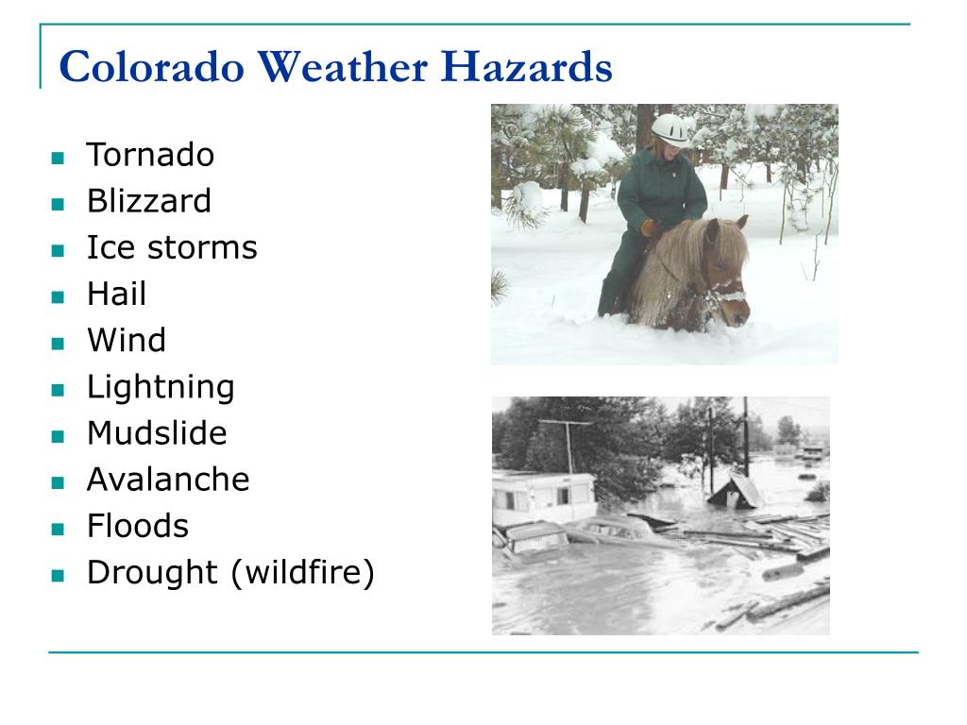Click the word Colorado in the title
(152, 67)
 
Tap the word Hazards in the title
(526, 67)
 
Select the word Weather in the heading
(342, 67)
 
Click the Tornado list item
(150, 154)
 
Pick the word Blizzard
(148, 200)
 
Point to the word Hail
(116, 294)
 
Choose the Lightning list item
(161, 388)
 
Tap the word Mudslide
(157, 432)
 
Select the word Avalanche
(168, 479)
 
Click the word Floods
(138, 526)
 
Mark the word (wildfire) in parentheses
(303, 573)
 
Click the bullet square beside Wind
(58, 344)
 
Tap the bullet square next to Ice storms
(58, 250)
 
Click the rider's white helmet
(670, 129)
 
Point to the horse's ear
(742, 222)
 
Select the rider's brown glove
(650, 228)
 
